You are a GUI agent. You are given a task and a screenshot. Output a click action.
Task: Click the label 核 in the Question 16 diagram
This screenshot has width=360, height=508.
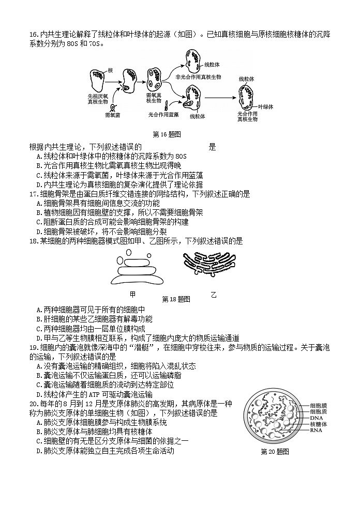[x=110, y=70]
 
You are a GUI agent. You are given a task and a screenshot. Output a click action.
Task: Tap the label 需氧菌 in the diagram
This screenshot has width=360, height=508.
[x=112, y=115]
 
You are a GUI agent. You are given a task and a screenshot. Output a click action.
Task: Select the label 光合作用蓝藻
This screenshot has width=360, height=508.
[x=164, y=115]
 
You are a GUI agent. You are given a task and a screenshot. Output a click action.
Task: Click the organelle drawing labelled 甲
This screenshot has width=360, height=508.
[x=133, y=268]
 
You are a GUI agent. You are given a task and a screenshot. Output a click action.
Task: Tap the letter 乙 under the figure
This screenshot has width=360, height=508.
[x=214, y=295]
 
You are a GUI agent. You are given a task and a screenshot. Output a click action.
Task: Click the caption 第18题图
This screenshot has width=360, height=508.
[x=176, y=299]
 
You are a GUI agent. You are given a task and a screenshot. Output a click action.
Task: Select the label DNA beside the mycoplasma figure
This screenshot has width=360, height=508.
[x=316, y=418]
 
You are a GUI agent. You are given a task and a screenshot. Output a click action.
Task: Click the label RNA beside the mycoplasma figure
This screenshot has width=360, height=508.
[x=316, y=430]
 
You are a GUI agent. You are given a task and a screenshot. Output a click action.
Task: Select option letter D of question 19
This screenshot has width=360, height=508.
[x=39, y=395]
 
